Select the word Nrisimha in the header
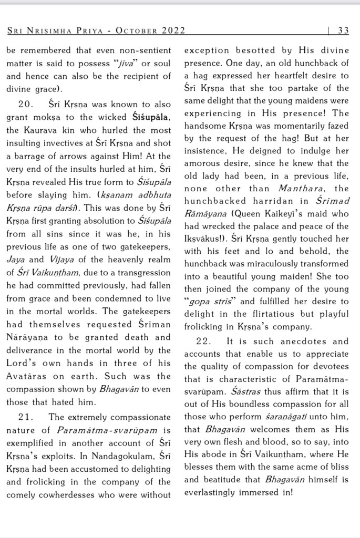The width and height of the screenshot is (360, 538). pos(55,30)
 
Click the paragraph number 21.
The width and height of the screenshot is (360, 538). pos(26,417)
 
